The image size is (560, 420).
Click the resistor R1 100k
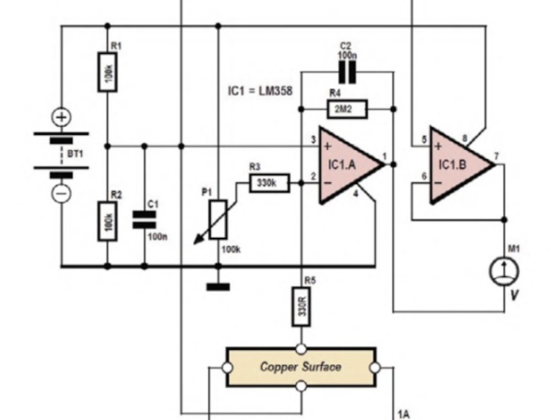point(107,72)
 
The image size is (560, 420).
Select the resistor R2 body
point(107,221)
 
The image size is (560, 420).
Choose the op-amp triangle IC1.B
point(458,165)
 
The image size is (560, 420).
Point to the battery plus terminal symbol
point(62,118)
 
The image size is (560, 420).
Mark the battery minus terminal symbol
point(62,192)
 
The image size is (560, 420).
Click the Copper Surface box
point(301,367)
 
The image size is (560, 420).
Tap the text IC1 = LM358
point(260,91)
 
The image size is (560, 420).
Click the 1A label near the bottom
point(404,414)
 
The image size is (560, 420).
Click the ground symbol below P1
point(218,286)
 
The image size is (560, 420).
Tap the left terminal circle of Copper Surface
point(227,368)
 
